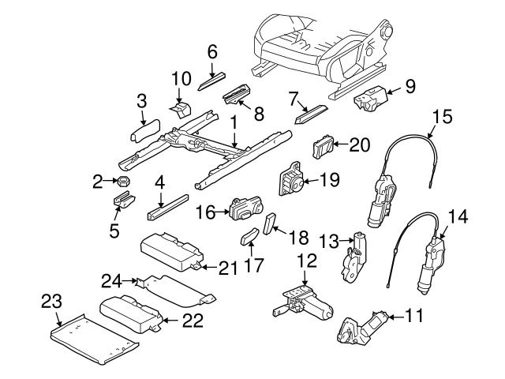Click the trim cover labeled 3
tap(144, 129)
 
